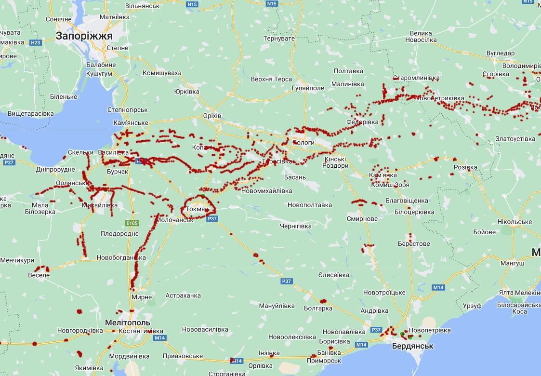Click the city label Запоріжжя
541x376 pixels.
[84, 36]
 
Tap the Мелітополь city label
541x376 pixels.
[128, 322]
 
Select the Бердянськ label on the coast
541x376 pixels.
[412, 346]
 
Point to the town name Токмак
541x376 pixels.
[198, 209]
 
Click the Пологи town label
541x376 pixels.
[304, 142]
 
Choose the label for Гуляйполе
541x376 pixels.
[308, 89]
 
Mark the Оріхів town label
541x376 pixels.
[212, 116]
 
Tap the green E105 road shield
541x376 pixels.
[132, 223]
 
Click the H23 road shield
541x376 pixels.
[36, 42]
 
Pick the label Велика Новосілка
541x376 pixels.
[423, 37]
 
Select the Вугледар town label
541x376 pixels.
[500, 53]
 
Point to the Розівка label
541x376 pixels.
[465, 167]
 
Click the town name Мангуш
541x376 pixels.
[512, 263]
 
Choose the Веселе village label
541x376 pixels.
[39, 275]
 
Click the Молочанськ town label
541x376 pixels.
[175, 219]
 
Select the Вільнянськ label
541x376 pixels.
[142, 6]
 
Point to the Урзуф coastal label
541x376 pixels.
[472, 306]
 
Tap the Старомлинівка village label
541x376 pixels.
[416, 78]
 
